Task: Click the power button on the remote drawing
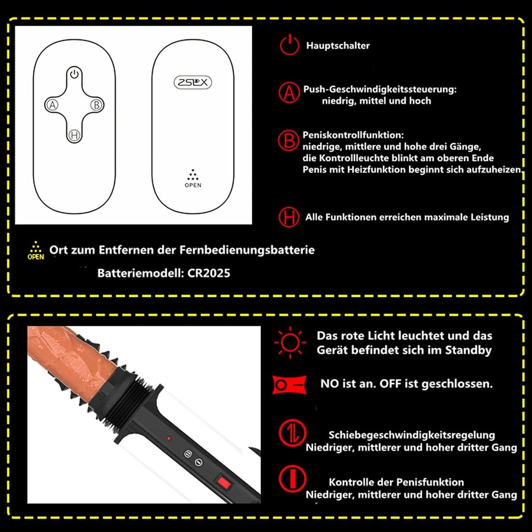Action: (x=74, y=74)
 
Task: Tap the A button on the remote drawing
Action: (x=52, y=105)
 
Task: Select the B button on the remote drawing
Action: (x=96, y=105)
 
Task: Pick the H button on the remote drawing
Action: (x=74, y=135)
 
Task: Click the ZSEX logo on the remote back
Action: (x=193, y=82)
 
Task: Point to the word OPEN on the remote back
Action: (x=193, y=185)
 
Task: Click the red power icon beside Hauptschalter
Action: (x=289, y=45)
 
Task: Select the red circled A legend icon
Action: (x=289, y=93)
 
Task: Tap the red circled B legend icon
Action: (x=288, y=141)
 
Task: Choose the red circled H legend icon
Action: (x=289, y=217)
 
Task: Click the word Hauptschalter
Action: (x=338, y=46)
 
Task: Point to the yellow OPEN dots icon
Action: (x=36, y=251)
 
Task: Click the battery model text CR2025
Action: (x=209, y=273)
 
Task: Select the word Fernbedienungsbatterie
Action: (x=247, y=250)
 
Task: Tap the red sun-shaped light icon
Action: (x=290, y=343)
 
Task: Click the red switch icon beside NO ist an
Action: (x=289, y=385)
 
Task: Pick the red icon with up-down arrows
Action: (x=292, y=433)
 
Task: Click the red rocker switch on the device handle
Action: (x=223, y=483)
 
